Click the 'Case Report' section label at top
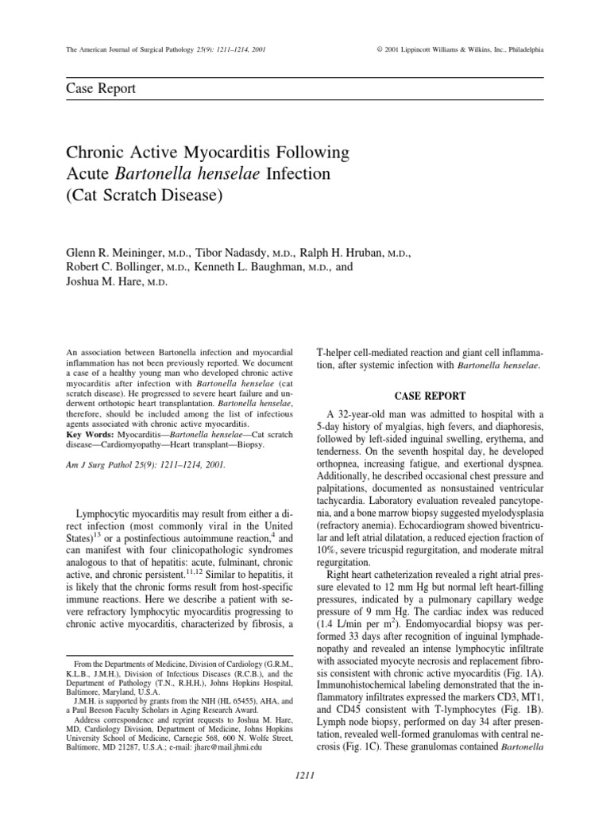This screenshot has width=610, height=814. tap(101, 88)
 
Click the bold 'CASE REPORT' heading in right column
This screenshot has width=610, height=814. tap(431, 396)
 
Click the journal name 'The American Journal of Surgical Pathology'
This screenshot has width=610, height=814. tap(125, 49)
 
